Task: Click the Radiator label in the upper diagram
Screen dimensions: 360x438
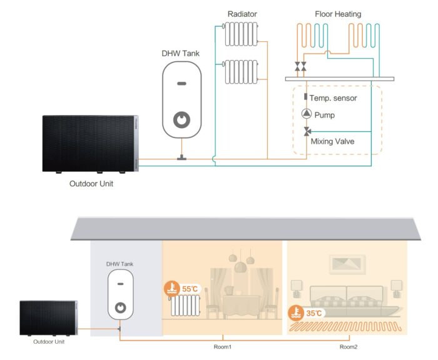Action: point(242,14)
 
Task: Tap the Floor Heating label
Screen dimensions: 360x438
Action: point(337,14)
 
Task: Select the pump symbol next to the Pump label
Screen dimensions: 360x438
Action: point(307,114)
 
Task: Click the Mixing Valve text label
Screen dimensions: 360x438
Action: point(332,141)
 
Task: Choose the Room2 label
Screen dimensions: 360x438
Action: point(348,346)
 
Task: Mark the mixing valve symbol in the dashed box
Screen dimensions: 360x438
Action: point(307,131)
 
